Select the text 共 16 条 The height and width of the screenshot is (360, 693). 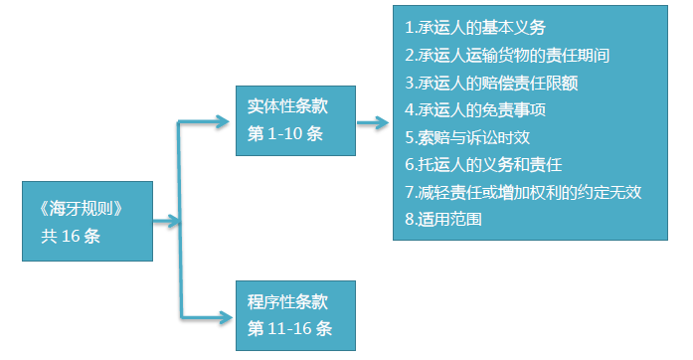pos(70,236)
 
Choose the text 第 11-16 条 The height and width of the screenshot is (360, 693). pos(289,328)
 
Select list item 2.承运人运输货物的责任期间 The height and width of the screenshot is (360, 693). pos(515,55)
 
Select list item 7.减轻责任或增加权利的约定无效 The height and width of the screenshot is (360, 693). pos(523,191)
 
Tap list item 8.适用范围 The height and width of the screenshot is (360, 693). pos(444,218)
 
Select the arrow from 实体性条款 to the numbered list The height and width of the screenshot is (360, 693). pos(372,123)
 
